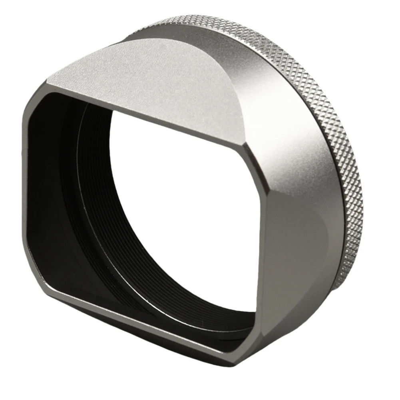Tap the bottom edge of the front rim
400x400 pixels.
140,320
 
